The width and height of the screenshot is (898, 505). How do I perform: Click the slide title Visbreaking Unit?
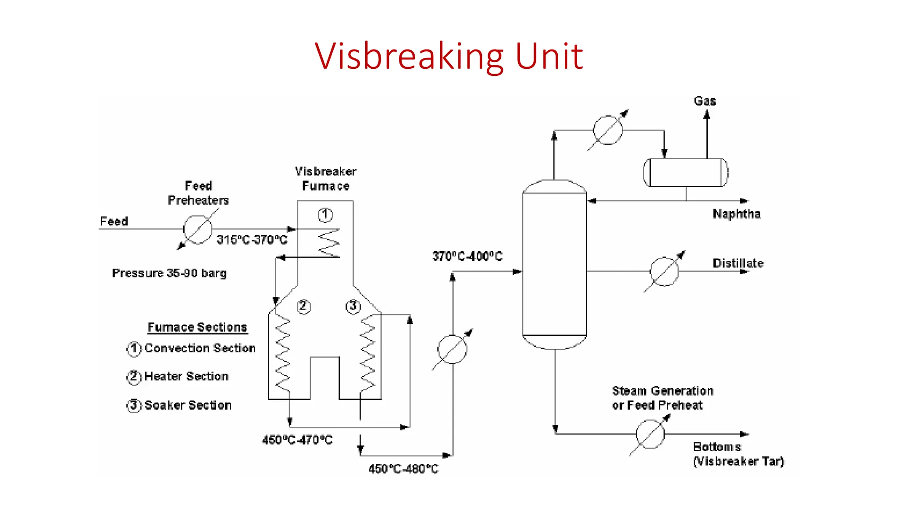(449, 56)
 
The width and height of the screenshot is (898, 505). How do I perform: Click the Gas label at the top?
(705, 101)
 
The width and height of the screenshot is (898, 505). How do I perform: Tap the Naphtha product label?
(736, 214)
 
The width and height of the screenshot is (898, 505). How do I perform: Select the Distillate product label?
(738, 263)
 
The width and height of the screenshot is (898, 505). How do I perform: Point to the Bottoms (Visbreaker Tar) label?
(738, 454)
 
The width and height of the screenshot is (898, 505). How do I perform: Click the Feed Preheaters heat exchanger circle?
(198, 229)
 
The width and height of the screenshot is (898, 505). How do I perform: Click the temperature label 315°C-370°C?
(252, 240)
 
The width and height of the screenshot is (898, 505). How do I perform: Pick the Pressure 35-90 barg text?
(169, 273)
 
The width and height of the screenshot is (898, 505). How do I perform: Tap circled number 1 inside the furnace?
(325, 215)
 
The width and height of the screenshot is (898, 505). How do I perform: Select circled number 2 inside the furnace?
(303, 306)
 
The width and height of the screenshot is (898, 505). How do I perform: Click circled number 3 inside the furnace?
(353, 306)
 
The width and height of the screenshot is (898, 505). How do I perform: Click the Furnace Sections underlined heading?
(197, 327)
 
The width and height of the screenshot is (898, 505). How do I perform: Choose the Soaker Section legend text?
(188, 405)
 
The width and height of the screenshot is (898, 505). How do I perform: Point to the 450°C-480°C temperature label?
(403, 469)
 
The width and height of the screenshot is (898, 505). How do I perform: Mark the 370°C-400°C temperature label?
(467, 256)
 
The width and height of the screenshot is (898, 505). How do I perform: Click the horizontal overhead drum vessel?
(685, 172)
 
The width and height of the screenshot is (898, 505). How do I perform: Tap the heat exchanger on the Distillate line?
(664, 271)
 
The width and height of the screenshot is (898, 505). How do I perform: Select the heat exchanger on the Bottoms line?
(650, 434)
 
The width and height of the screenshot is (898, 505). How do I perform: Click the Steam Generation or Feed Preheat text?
(662, 398)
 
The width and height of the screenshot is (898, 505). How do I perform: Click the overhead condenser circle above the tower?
(607, 130)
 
